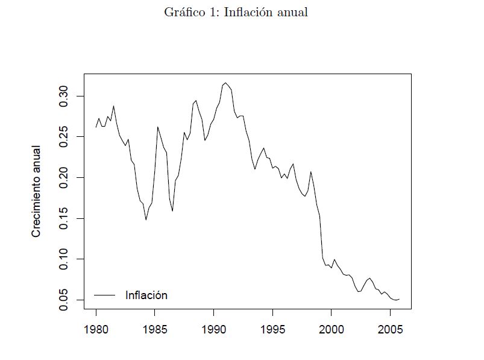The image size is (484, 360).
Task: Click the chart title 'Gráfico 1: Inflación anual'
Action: point(236,13)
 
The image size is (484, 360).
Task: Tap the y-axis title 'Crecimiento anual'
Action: point(36,191)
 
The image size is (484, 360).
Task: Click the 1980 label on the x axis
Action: point(96,330)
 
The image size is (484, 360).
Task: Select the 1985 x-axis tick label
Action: point(155,330)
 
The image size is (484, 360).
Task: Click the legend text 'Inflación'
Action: point(146,295)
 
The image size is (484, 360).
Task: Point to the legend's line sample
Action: point(104,295)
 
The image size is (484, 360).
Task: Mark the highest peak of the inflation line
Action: point(225,83)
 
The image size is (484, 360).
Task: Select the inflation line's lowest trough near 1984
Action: point(146,219)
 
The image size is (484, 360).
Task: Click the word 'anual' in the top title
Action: point(292,13)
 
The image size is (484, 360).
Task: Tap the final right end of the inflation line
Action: point(399,299)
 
